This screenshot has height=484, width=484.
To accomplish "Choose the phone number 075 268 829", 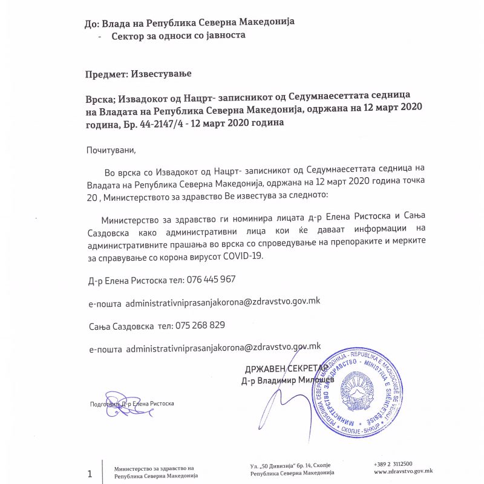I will click(x=200, y=325).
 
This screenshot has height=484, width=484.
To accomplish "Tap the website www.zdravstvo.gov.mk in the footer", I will click(x=403, y=471).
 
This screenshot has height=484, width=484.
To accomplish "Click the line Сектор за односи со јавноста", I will click(x=178, y=36).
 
